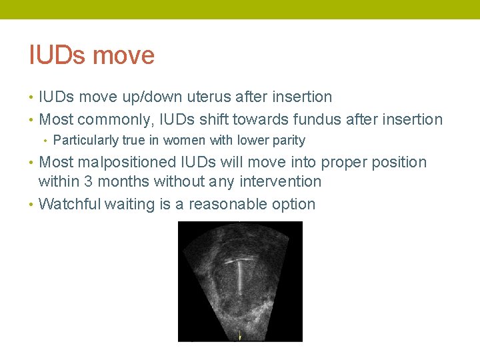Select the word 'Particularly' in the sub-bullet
coord(83,141)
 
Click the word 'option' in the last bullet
coord(293,205)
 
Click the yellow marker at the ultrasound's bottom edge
coord(240,335)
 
